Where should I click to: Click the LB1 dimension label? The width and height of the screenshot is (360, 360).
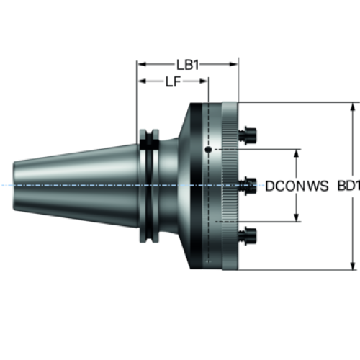pyautogui.click(x=188, y=65)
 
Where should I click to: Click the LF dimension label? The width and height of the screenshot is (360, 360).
pyautogui.click(x=173, y=81)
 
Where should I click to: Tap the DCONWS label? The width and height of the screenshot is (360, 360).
pyautogui.click(x=297, y=186)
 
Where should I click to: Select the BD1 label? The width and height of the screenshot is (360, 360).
pyautogui.click(x=348, y=186)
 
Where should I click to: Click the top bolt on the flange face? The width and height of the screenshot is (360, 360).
pyautogui.click(x=248, y=135)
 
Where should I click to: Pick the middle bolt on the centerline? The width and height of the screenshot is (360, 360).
pyautogui.click(x=248, y=186)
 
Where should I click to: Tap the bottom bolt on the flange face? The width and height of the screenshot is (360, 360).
pyautogui.click(x=248, y=236)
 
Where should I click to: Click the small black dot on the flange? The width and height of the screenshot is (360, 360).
pyautogui.click(x=208, y=150)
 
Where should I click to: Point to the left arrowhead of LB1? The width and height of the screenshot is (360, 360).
pyautogui.click(x=142, y=64)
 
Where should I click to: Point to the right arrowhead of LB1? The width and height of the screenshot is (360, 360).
pyautogui.click(x=233, y=64)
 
